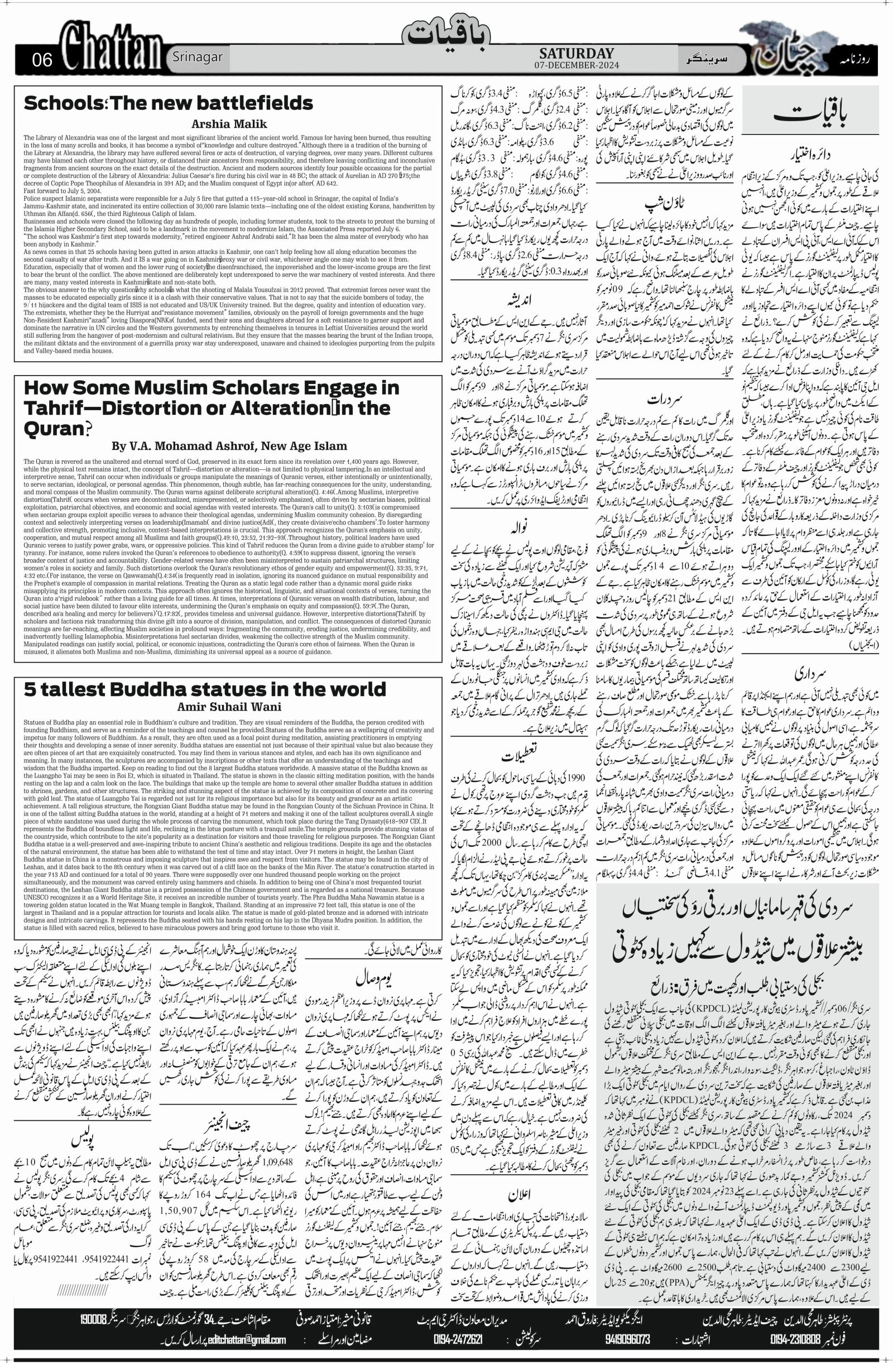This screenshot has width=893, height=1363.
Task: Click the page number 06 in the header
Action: click(42, 60)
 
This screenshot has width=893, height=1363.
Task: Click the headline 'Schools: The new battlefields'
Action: click(169, 103)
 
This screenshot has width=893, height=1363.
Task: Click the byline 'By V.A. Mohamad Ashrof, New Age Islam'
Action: click(227, 445)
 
